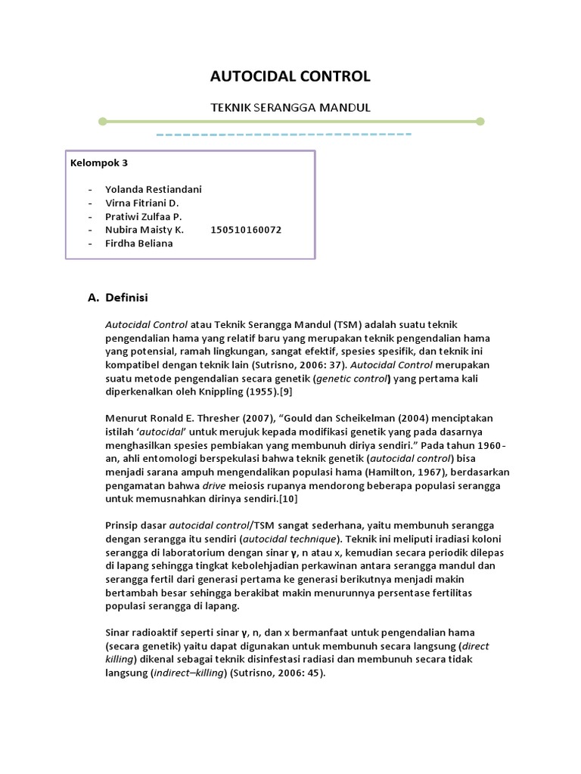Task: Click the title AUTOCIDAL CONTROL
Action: (290, 76)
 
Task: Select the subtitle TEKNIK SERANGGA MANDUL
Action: (290, 107)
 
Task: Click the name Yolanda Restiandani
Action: (154, 189)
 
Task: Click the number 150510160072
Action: (247, 230)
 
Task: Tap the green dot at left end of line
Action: (103, 121)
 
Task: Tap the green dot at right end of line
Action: (480, 121)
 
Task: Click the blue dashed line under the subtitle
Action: (284, 135)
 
